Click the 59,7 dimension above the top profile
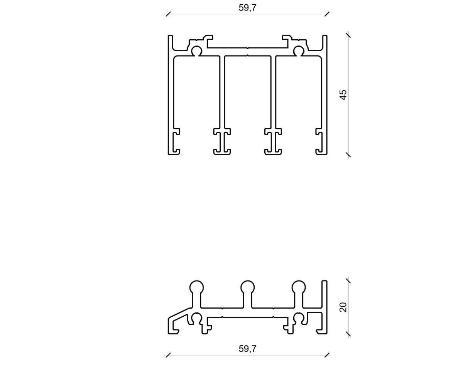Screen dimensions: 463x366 pos(247,8)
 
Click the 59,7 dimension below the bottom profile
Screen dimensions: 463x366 pos(247,349)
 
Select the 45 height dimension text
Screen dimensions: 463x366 pos(343,95)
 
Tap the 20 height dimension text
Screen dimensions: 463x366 pos(343,307)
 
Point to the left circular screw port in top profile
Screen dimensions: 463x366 pos(196,51)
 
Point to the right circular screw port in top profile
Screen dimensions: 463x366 pos(299,51)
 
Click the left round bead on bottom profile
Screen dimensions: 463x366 pos(196,287)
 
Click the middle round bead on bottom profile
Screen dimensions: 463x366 pos(247,287)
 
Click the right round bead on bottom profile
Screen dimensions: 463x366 pos(299,287)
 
